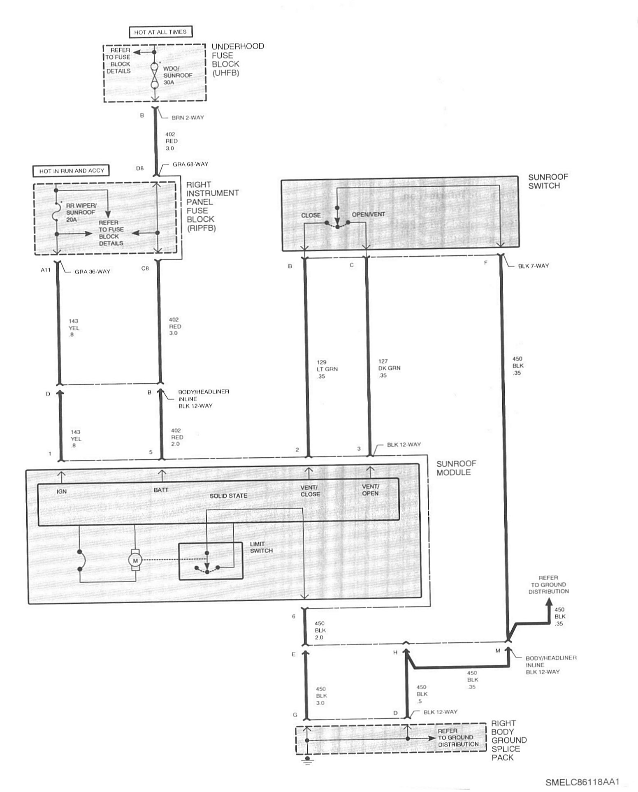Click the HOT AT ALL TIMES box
[160, 32]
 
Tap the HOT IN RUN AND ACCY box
[72, 171]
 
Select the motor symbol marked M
[135, 560]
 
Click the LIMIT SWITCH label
[261, 547]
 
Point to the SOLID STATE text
[228, 496]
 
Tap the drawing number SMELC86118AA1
[582, 782]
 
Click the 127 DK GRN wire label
[389, 368]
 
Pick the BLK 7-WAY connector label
[533, 266]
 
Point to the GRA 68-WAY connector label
[190, 164]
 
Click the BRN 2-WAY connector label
[188, 117]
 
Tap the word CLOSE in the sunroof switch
[311, 215]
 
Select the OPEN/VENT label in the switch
[368, 214]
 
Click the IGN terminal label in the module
[62, 491]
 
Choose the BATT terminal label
[161, 490]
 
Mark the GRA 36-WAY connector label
[92, 271]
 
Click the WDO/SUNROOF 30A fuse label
[178, 75]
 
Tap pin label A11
[46, 270]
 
